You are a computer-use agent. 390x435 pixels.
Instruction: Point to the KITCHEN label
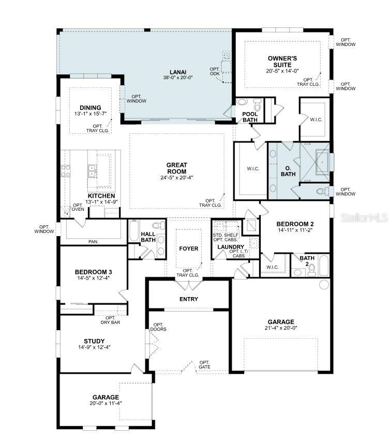click(101, 196)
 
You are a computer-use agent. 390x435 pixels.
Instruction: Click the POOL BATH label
click(250, 117)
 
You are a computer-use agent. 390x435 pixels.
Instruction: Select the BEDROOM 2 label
click(295, 224)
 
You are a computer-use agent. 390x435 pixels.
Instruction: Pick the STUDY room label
click(94, 341)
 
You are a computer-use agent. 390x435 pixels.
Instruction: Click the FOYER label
click(189, 248)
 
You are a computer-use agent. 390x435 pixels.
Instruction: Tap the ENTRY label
click(189, 299)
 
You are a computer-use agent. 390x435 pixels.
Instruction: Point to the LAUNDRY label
click(230, 247)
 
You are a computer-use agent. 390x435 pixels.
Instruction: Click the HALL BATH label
click(148, 237)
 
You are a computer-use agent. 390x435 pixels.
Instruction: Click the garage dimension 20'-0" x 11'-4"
click(106, 403)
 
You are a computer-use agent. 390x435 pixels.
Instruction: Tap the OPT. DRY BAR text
click(110, 320)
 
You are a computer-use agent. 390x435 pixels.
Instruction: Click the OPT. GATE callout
click(205, 365)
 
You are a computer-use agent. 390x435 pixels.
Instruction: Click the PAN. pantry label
click(94, 241)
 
